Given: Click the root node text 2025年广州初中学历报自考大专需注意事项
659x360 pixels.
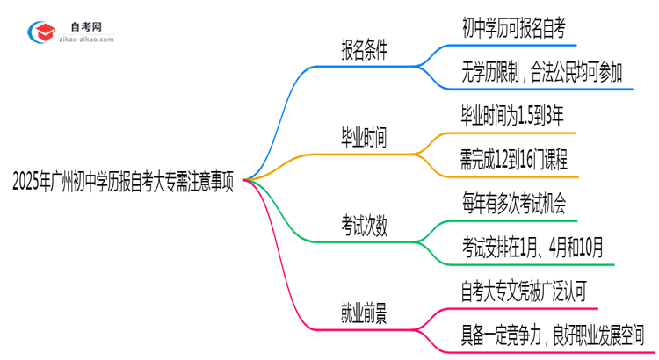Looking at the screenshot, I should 123,183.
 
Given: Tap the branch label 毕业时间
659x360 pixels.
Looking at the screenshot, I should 365,138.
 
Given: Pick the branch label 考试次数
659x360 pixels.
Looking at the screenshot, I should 365,225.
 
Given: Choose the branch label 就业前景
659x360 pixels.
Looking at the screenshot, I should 365,312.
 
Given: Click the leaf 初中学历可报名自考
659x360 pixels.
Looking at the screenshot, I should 513,30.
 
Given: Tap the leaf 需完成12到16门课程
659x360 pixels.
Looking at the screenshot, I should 513,160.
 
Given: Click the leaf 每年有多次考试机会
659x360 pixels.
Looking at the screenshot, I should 513,203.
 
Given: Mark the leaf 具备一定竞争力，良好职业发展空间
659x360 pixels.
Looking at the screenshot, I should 554,334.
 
